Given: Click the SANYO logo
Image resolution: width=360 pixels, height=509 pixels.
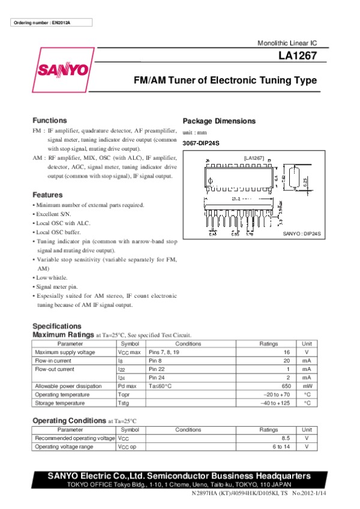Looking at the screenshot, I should pyautogui.click(x=64, y=70).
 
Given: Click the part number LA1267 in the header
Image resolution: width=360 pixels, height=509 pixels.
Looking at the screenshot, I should pyautogui.click(x=298, y=57).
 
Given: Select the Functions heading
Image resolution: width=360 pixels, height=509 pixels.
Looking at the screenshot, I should pyautogui.click(x=50, y=120).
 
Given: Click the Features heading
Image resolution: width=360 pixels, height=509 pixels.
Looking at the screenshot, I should pyautogui.click(x=47, y=195).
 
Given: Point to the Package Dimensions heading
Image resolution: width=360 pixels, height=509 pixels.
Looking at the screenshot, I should pyautogui.click(x=219, y=121).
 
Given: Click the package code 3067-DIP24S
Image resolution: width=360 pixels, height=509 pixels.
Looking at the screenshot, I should pyautogui.click(x=201, y=142).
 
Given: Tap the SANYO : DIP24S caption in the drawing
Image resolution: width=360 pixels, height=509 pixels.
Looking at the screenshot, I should pyautogui.click(x=302, y=233).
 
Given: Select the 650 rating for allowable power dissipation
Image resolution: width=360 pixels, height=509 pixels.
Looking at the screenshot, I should pyautogui.click(x=284, y=386).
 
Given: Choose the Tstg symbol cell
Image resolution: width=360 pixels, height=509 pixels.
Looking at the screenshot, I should pyautogui.click(x=124, y=403).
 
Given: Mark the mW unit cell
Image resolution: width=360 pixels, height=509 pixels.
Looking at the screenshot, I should pyautogui.click(x=307, y=386).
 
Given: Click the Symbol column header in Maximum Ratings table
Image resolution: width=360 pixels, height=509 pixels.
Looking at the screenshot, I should pyautogui.click(x=130, y=344).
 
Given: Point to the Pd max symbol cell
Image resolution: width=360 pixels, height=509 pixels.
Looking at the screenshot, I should pyautogui.click(x=127, y=386).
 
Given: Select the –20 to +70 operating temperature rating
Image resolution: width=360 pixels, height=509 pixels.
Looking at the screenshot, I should pyautogui.click(x=277, y=394).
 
